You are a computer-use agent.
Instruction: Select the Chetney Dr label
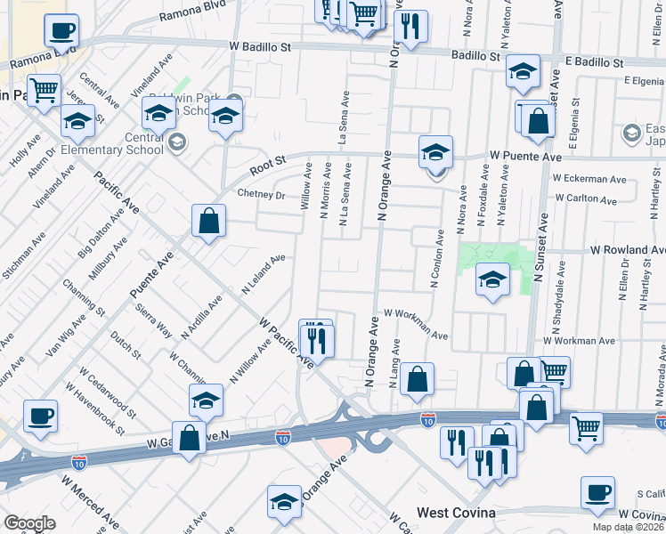point(260,195)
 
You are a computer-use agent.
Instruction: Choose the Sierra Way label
point(153,321)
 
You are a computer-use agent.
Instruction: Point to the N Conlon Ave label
point(436,259)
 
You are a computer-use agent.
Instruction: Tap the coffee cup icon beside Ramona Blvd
point(61,32)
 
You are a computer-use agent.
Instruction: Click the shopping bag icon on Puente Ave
point(208,223)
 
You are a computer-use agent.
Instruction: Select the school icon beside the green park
point(492,280)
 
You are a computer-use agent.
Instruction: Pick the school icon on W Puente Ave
point(435,152)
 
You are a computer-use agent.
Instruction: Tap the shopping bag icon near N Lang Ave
point(417,380)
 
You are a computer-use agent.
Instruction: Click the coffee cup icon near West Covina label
point(597,493)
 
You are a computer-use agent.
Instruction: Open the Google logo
point(29,522)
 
